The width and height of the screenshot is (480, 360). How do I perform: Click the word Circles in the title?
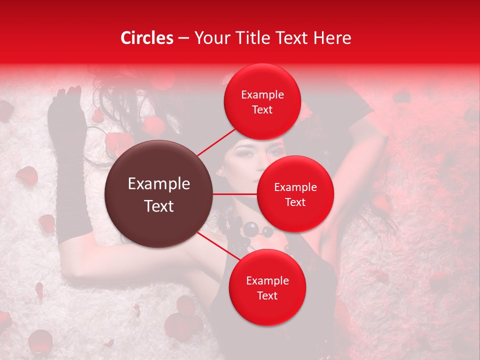146,38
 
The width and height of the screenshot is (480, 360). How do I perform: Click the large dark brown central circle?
158,194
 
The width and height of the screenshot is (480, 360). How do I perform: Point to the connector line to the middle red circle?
234,194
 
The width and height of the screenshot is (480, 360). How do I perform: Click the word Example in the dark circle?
158,184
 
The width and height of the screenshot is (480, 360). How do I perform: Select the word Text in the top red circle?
262,110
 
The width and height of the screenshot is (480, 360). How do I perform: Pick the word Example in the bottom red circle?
267,281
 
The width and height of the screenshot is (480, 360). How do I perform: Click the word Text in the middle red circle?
295,202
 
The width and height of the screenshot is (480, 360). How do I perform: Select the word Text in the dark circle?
158,206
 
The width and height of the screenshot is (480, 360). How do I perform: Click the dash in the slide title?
183,38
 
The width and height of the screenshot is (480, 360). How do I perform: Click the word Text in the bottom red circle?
267,296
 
